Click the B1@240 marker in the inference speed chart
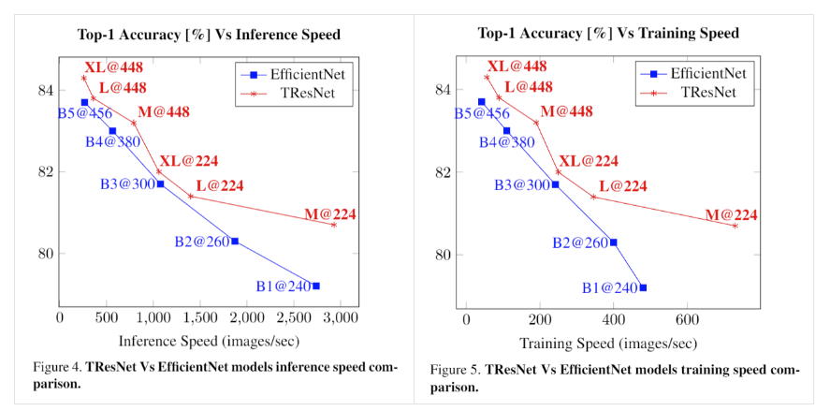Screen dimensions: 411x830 (316, 286)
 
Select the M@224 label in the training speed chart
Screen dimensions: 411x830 (731, 214)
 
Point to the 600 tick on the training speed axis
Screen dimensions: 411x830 (687, 318)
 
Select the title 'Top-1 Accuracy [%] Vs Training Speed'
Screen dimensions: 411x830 (608, 33)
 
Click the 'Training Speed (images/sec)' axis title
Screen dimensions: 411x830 (608, 342)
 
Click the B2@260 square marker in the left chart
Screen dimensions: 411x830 (235, 242)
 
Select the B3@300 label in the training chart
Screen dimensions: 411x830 (522, 185)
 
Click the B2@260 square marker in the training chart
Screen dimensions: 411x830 (614, 242)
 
